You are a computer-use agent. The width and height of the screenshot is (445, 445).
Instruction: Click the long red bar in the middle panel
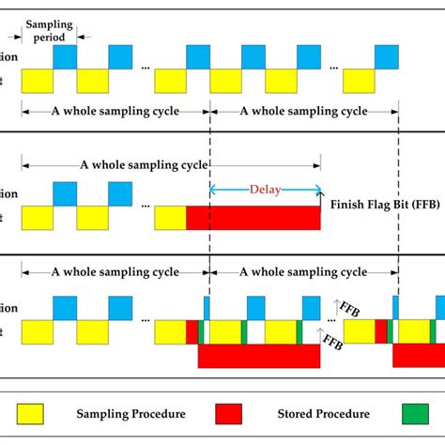point(253,218)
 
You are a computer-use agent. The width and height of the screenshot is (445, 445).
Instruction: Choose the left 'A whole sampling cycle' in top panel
point(115,110)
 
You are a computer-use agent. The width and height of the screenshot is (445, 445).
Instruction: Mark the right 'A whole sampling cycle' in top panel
point(304,110)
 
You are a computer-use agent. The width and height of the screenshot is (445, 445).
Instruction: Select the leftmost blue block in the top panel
point(65,55)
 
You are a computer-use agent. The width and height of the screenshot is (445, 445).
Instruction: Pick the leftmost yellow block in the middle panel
point(36,218)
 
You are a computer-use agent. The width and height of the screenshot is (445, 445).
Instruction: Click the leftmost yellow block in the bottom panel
point(36,332)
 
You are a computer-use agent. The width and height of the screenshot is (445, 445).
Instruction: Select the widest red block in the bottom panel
point(259,356)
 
